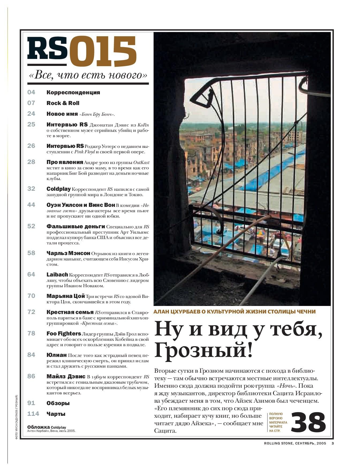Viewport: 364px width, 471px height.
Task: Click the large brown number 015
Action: (x=103, y=52)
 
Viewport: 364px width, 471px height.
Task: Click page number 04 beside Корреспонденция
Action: (x=31, y=92)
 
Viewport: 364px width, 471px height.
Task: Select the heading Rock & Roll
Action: (x=63, y=103)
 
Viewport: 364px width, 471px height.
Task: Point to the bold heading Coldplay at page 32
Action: (x=59, y=189)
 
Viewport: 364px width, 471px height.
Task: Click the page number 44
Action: (x=31, y=205)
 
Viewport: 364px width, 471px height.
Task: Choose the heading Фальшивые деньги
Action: (x=76, y=226)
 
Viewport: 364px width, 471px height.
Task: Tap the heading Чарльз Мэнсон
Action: (x=68, y=253)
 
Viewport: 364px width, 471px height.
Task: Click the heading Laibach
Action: (x=57, y=275)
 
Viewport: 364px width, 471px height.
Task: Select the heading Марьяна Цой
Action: (x=66, y=296)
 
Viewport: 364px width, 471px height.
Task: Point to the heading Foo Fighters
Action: (x=64, y=334)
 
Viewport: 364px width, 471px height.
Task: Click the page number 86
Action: (x=31, y=376)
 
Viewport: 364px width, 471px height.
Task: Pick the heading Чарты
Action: (x=56, y=414)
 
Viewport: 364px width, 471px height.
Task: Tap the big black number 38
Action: (x=308, y=423)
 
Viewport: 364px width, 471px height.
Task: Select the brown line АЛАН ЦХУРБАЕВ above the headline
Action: (x=235, y=312)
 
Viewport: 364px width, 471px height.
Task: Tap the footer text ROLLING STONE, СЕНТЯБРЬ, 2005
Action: (x=295, y=443)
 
